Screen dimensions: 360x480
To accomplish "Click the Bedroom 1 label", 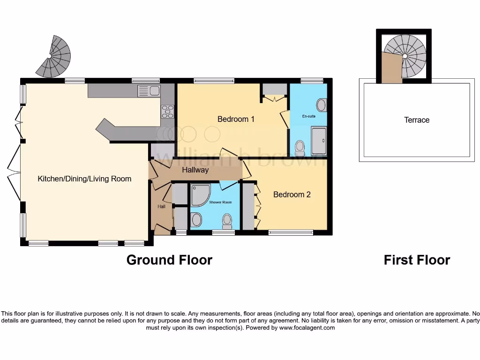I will click(x=236, y=119).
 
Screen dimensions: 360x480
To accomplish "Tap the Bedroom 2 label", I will click(x=292, y=194).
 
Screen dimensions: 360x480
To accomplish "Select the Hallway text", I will click(x=195, y=170).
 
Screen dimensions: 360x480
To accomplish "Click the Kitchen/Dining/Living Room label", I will click(x=84, y=179).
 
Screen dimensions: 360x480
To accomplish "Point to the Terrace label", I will click(x=417, y=120).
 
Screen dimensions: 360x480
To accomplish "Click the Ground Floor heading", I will click(x=169, y=260).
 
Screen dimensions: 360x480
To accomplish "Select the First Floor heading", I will click(x=417, y=260).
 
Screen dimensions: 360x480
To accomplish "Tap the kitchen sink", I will click(x=150, y=91).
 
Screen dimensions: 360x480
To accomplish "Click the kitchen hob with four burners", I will click(x=168, y=112).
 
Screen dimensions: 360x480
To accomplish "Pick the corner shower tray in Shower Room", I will click(x=201, y=195).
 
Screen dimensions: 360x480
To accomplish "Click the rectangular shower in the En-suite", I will click(x=321, y=141).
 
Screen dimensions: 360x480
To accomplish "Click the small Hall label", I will click(x=161, y=206).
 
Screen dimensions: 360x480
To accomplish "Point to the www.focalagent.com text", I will click(x=307, y=328).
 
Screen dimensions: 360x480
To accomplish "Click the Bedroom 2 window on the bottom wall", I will click(x=291, y=232).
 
